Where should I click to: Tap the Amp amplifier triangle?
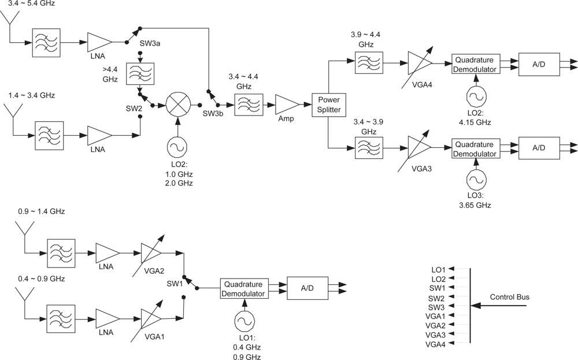[x=287, y=105]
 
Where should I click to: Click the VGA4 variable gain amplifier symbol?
[x=419, y=62]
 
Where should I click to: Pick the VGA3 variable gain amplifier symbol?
[x=419, y=149]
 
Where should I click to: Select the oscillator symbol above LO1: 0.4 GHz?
[x=244, y=321]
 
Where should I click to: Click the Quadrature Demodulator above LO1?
[x=244, y=288]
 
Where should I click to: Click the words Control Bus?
[x=509, y=297]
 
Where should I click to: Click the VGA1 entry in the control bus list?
[x=435, y=316]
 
